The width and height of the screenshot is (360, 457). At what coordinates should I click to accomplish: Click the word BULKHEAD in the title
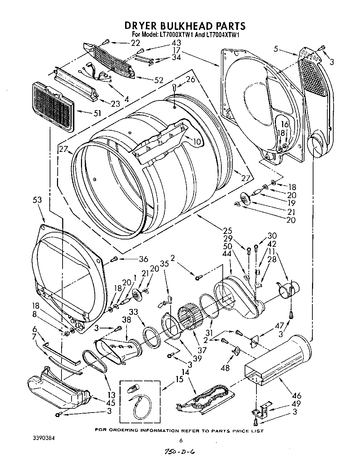pos(185,26)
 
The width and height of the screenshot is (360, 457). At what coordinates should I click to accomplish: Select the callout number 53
pos(37,200)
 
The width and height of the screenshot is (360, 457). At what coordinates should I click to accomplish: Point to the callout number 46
pos(297,395)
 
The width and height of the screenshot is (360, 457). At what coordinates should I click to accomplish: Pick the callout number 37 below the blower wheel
pos(202,350)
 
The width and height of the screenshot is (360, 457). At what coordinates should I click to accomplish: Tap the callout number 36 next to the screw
pos(143,259)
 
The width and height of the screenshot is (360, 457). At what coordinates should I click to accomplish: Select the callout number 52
pos(159,80)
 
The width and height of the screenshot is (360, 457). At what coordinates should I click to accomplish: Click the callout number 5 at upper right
pos(276,49)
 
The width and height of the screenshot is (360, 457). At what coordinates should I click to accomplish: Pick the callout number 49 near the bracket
pos(296,403)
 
